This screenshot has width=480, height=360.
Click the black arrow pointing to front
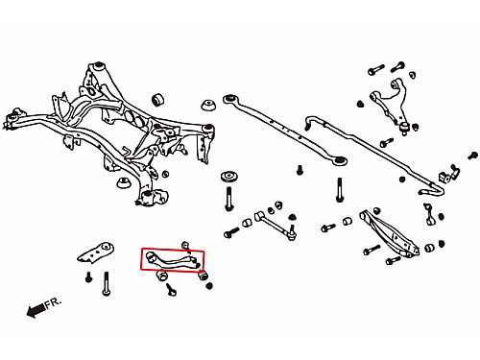click(36, 310)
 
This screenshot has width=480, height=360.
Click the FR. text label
click(53, 303)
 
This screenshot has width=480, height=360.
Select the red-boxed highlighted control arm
click(173, 260)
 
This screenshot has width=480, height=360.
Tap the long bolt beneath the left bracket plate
click(107, 283)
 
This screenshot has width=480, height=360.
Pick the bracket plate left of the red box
click(96, 252)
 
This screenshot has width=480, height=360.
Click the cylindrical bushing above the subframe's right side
click(157, 100)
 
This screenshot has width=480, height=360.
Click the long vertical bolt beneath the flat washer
click(228, 199)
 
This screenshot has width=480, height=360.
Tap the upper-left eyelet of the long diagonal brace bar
click(229, 98)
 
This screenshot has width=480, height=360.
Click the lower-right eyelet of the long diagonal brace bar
click(340, 160)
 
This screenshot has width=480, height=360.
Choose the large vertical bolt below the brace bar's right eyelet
click(340, 190)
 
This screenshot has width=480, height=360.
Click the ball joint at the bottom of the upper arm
click(405, 127)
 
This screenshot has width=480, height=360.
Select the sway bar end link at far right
click(429, 214)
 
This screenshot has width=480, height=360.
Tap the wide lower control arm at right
click(389, 232)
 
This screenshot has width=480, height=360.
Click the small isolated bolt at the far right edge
click(472, 156)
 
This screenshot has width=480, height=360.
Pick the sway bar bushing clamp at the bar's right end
click(448, 175)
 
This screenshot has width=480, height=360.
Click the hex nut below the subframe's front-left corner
click(124, 182)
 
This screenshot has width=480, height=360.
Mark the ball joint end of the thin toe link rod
click(292, 233)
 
